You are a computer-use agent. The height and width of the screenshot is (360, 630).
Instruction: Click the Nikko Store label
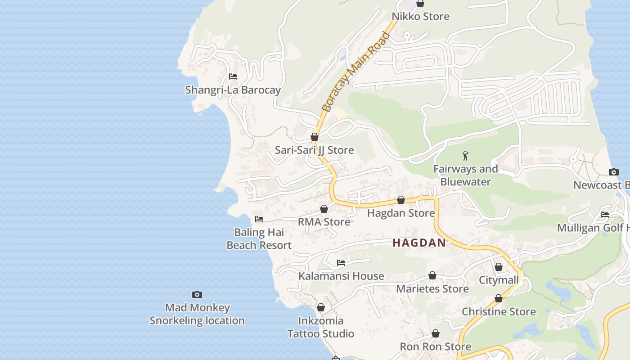click(x=420, y=17)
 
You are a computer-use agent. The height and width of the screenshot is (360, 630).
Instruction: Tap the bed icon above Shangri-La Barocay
click(x=233, y=76)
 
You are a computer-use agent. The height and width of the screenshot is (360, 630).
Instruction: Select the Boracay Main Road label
click(x=355, y=72)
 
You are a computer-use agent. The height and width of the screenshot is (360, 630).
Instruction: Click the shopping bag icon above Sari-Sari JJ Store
click(x=315, y=137)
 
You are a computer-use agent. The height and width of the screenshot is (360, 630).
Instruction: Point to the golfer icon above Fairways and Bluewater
click(x=465, y=156)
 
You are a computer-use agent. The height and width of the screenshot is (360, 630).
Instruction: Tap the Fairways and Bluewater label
click(x=465, y=175)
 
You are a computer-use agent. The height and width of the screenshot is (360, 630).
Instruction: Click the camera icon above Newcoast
click(x=614, y=172)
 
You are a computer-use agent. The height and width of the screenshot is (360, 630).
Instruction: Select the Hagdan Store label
click(x=401, y=213)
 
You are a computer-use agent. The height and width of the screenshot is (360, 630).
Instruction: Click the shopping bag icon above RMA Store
click(x=324, y=209)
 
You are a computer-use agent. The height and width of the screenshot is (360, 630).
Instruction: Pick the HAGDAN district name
click(x=419, y=243)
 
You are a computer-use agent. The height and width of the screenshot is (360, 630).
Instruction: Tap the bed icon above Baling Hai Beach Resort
click(x=259, y=219)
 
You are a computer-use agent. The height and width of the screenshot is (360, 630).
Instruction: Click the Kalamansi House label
click(x=341, y=276)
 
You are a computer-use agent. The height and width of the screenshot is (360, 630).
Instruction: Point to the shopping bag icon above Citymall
click(x=499, y=267)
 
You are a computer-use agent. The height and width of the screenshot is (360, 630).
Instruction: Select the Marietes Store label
click(x=432, y=288)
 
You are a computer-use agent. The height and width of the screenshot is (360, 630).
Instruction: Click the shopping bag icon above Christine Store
click(x=499, y=298)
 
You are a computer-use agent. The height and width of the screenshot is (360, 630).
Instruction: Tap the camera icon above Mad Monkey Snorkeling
click(x=197, y=294)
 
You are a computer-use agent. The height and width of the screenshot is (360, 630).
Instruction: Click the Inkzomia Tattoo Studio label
click(x=321, y=327)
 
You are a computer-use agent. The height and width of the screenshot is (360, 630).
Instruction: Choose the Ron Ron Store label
click(x=436, y=346)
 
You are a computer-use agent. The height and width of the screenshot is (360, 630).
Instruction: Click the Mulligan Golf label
click(x=593, y=228)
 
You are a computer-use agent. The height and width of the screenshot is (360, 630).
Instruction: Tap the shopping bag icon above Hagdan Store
click(x=401, y=200)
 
